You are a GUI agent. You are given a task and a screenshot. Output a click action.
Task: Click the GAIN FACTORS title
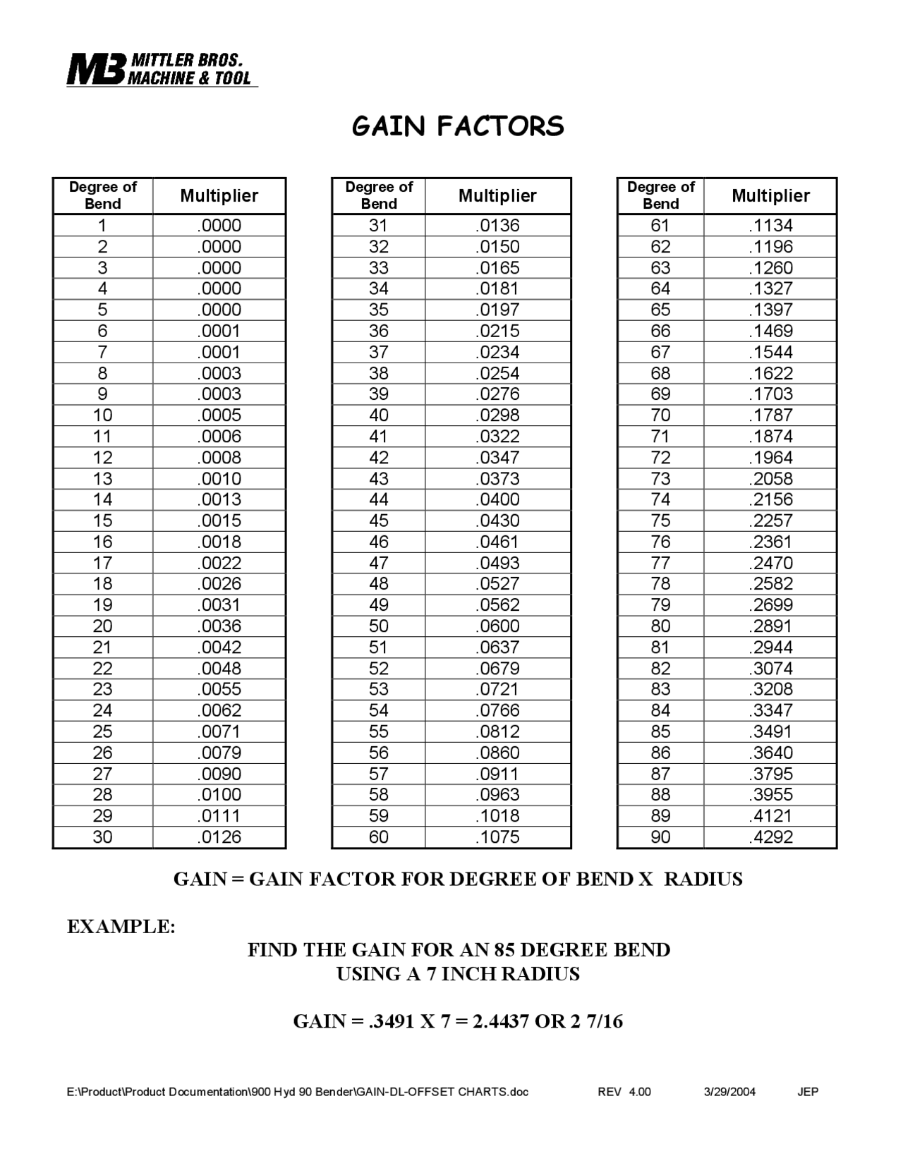pyautogui.click(x=458, y=126)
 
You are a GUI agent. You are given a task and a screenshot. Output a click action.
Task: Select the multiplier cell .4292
pyautogui.click(x=770, y=837)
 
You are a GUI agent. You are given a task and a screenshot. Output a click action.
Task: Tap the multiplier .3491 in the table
pyautogui.click(x=770, y=731)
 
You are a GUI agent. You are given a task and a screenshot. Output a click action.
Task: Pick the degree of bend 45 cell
pyautogui.click(x=379, y=521)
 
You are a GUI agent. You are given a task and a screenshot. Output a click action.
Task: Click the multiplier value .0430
pyautogui.click(x=497, y=521)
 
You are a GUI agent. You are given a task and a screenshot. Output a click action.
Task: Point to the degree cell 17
pyautogui.click(x=103, y=563)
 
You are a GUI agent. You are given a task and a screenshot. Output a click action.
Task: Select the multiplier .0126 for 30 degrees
pyautogui.click(x=219, y=837)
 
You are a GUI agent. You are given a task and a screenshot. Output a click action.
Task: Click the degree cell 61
pyautogui.click(x=660, y=226)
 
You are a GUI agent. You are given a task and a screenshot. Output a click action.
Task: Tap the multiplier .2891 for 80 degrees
pyautogui.click(x=770, y=626)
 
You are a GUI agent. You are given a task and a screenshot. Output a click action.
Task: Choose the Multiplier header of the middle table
pyautogui.click(x=497, y=195)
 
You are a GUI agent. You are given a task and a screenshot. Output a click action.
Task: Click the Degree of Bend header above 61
pyautogui.click(x=660, y=195)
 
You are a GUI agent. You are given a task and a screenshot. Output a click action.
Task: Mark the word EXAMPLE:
pyautogui.click(x=121, y=926)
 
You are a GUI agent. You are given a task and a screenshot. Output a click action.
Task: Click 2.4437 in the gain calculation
pyautogui.click(x=500, y=1021)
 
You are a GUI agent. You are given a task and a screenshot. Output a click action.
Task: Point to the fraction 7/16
pyautogui.click(x=605, y=1021)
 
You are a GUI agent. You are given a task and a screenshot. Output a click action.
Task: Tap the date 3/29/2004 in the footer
pyautogui.click(x=729, y=1092)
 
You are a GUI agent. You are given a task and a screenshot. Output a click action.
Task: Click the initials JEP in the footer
pyautogui.click(x=808, y=1092)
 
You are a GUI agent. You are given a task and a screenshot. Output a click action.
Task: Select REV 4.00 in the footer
pyautogui.click(x=624, y=1092)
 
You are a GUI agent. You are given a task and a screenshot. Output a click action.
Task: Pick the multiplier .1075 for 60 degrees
pyautogui.click(x=497, y=837)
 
